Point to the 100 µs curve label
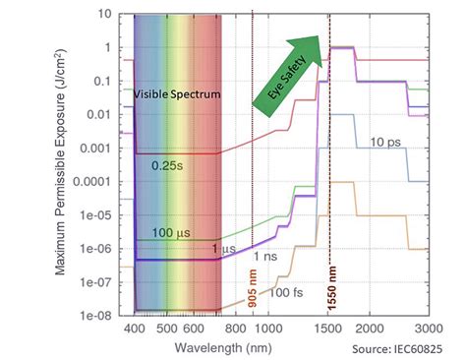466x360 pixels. pos(170,232)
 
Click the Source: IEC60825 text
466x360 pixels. pos(398,348)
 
